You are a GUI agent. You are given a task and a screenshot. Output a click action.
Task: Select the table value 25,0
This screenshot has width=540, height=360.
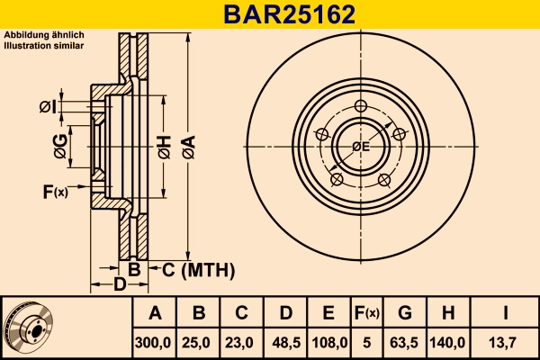pos(200,342)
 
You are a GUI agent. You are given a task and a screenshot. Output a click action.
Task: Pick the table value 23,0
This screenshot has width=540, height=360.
pos(242,342)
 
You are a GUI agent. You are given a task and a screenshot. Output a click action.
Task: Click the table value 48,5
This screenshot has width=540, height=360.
pos(285,342)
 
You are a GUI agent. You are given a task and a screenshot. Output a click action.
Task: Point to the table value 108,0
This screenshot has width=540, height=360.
pos(329,342)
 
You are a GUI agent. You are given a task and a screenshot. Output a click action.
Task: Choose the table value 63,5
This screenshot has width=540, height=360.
pos(405,342)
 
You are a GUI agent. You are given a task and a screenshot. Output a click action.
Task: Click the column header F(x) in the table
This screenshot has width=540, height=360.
pos(367,313)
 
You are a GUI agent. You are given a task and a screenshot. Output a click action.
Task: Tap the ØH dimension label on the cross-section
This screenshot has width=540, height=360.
pos(164,147)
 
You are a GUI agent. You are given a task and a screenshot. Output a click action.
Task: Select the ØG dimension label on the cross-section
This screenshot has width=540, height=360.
pos(60,147)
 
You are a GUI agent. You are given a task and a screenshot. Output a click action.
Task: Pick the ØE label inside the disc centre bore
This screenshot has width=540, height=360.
pos(361,147)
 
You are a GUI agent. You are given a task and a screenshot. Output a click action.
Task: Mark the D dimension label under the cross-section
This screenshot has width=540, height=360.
pos(119,286)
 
